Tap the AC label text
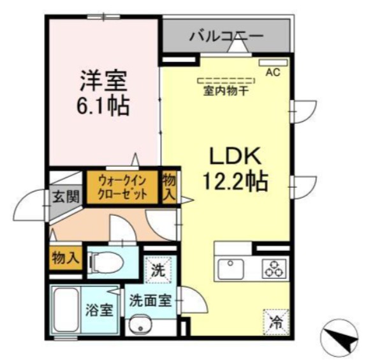[x=272, y=73]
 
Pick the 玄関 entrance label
[x=65, y=197]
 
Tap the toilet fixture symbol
[x=107, y=262]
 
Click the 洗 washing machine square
[x=157, y=269]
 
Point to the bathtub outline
[x=66, y=311]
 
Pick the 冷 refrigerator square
[x=275, y=320]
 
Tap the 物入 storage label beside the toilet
[x=66, y=259]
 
